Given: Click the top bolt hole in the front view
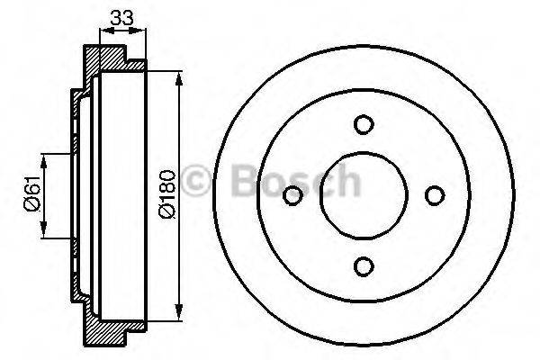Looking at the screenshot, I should (x=363, y=125).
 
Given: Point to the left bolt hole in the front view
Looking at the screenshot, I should (x=292, y=195).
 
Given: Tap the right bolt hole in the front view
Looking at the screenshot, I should (x=433, y=195).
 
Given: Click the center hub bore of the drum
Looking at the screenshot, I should (x=363, y=195).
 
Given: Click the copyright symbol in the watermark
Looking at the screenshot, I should (x=197, y=181).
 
